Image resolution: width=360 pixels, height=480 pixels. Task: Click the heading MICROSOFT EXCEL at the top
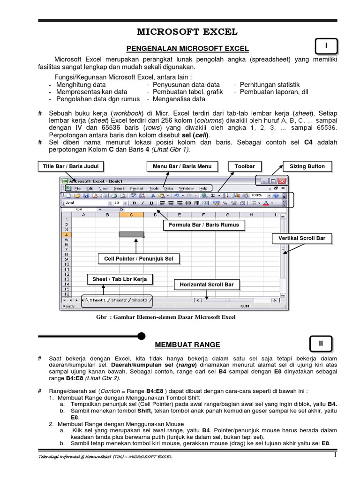(187, 32)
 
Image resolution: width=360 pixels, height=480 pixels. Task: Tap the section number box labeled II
(321, 344)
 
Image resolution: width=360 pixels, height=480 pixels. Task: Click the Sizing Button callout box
(307, 166)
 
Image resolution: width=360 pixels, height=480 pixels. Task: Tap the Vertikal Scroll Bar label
(302, 239)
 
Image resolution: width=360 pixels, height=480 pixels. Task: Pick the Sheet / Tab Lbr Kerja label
(120, 279)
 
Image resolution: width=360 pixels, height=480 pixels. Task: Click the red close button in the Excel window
(281, 180)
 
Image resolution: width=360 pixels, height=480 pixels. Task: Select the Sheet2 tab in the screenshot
(119, 300)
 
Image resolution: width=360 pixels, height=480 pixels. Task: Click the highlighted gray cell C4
(131, 234)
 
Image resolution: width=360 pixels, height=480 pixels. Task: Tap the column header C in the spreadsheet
(131, 215)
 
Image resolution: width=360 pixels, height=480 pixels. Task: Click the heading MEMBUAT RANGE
(187, 345)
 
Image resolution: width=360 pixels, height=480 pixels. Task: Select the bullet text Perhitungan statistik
(270, 85)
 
